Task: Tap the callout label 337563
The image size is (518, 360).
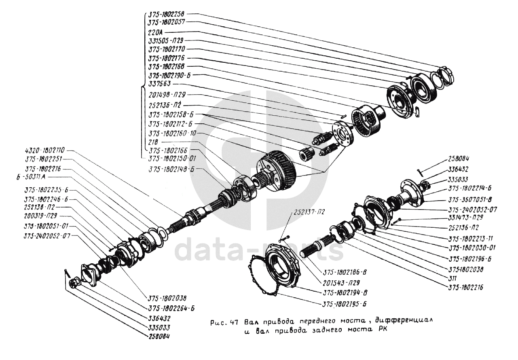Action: pyautogui.click(x=160, y=84)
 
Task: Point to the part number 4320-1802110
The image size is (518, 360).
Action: pyautogui.click(x=45, y=150)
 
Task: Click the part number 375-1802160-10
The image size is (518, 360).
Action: pyautogui.click(x=172, y=133)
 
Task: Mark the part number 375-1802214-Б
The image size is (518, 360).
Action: pyautogui.click(x=470, y=188)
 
